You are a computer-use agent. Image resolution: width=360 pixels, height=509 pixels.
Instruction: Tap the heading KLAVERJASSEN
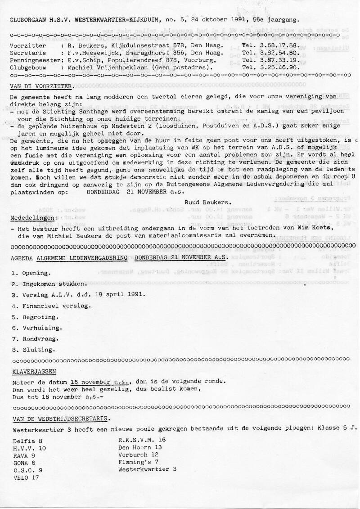point(31,372)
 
